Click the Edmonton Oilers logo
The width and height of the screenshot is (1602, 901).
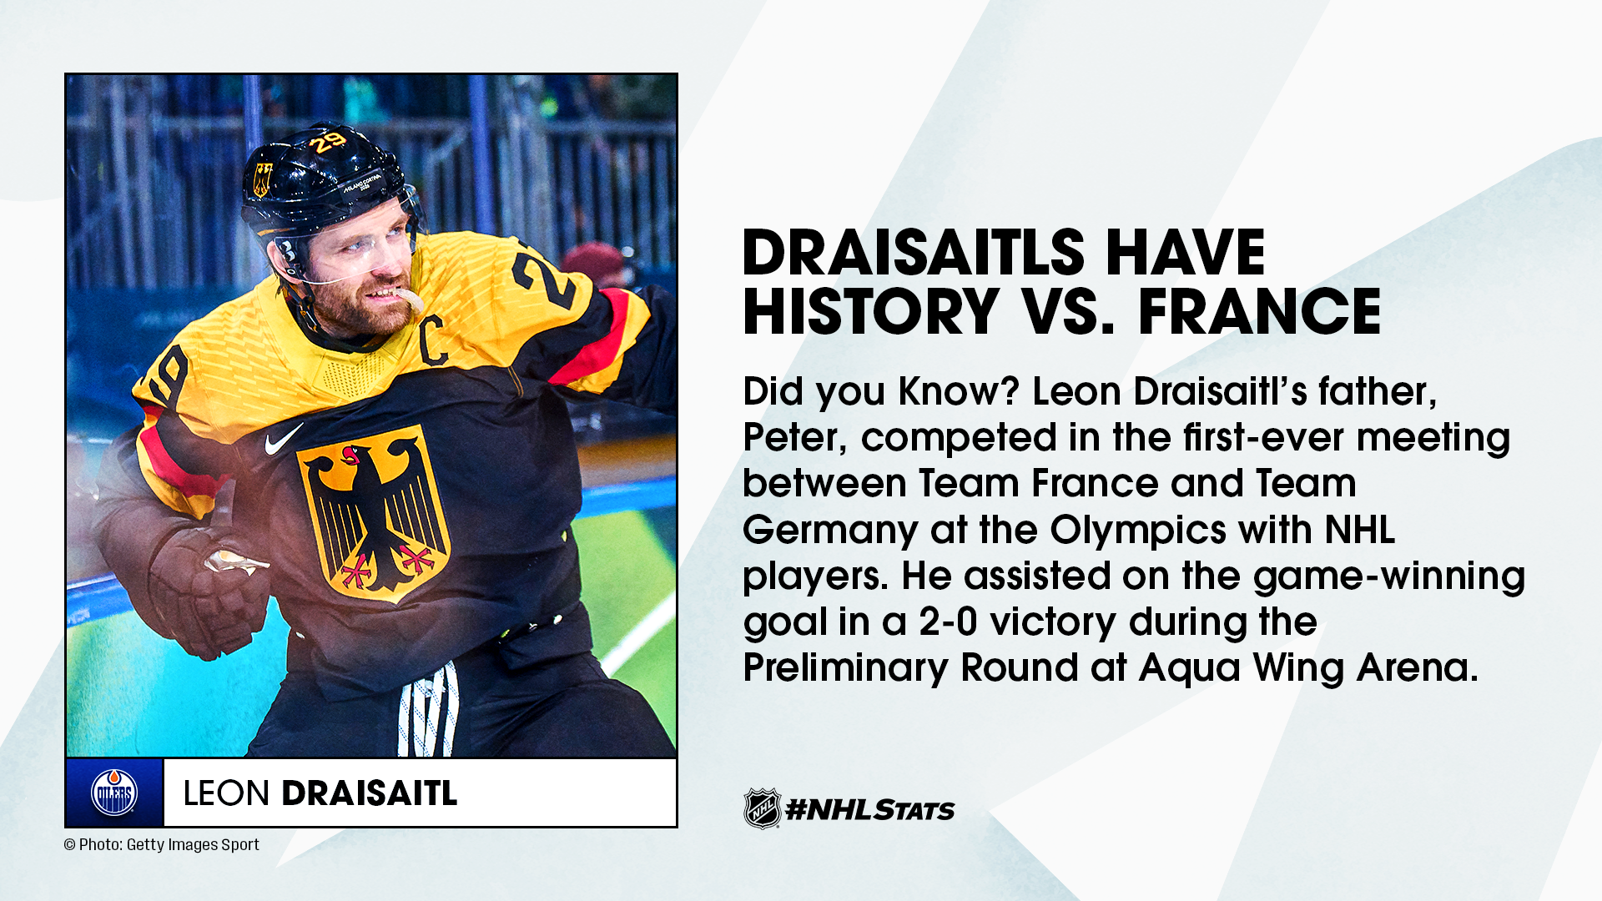point(114,793)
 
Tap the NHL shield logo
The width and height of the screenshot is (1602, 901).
point(762,808)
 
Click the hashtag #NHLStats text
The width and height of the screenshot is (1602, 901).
point(870,809)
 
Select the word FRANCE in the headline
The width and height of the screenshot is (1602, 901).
point(1260,311)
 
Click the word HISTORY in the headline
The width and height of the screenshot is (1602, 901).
point(871,311)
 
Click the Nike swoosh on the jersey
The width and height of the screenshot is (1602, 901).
point(284,439)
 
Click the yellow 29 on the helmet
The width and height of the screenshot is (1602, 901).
point(328,142)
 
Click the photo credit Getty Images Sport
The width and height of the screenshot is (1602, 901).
point(193,845)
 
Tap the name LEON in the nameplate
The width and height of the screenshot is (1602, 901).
point(226,793)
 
